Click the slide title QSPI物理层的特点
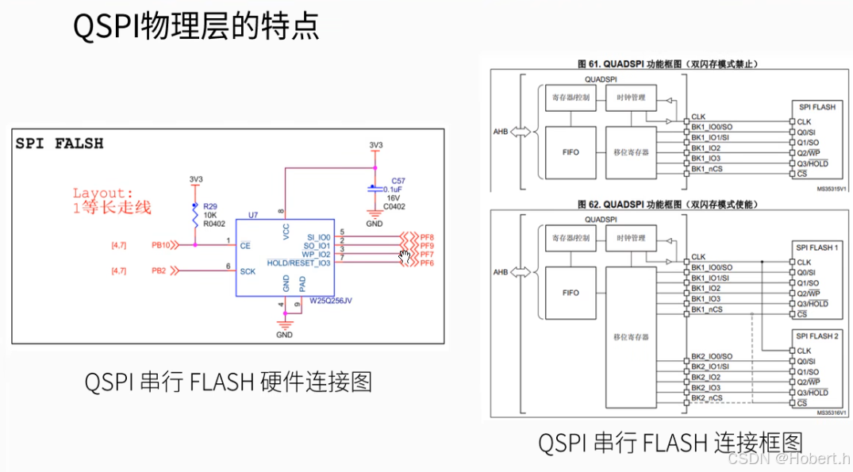196,27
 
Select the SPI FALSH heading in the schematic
60,144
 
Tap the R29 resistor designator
209,206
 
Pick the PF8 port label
427,236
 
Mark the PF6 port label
427,263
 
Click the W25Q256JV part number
331,300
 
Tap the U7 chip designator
252,215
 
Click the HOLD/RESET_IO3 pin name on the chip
299,263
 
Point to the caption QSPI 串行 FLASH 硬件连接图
229,382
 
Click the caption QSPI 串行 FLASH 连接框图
670,442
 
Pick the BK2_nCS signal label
706,397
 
